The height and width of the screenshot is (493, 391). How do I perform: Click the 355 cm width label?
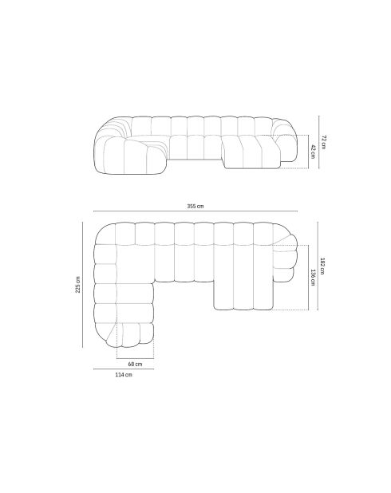pos(195,206)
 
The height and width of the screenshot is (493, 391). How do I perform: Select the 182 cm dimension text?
pos(322,266)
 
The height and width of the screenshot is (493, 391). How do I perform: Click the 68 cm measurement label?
pos(135,363)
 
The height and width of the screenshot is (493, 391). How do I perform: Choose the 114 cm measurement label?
pos(123,374)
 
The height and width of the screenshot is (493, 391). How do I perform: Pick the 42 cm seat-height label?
pos(313,152)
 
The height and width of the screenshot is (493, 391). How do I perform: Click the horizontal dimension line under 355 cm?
pos(195,211)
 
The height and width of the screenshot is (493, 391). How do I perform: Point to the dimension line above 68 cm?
pos(135,357)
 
